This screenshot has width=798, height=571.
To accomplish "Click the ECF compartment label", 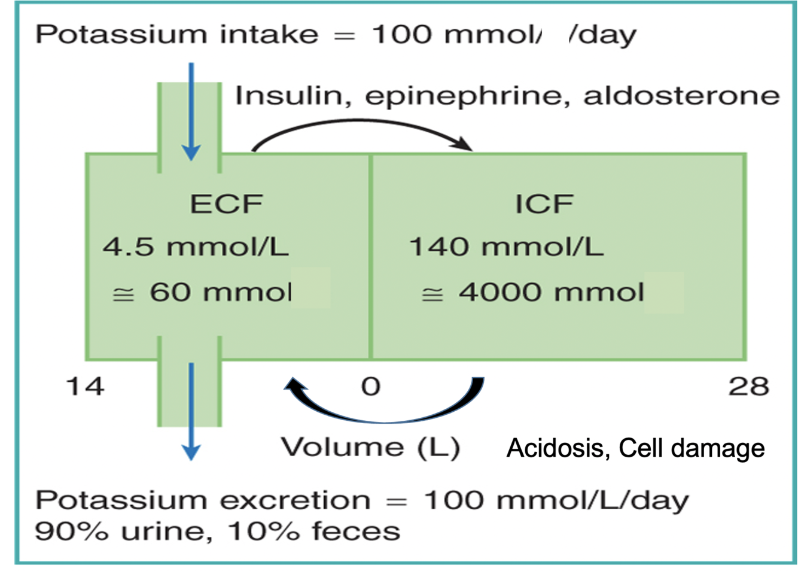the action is pyautogui.click(x=226, y=204).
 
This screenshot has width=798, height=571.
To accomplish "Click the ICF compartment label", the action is pyautogui.click(x=544, y=204).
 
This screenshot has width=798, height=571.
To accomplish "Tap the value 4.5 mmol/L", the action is pyautogui.click(x=196, y=247).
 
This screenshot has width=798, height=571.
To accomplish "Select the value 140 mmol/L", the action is pyautogui.click(x=506, y=247).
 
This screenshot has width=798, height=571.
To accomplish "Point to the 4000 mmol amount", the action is pyautogui.click(x=550, y=292).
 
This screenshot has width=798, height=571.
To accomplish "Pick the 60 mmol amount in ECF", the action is pyautogui.click(x=220, y=292).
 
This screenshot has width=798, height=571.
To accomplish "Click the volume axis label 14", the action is pyautogui.click(x=85, y=386).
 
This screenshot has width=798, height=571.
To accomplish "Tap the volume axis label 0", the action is pyautogui.click(x=371, y=386).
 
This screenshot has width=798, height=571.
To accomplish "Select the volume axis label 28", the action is pyautogui.click(x=748, y=386).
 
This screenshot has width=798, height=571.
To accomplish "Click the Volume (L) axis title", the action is pyautogui.click(x=370, y=447).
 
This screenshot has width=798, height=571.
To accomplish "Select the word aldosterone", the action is pyautogui.click(x=681, y=96).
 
